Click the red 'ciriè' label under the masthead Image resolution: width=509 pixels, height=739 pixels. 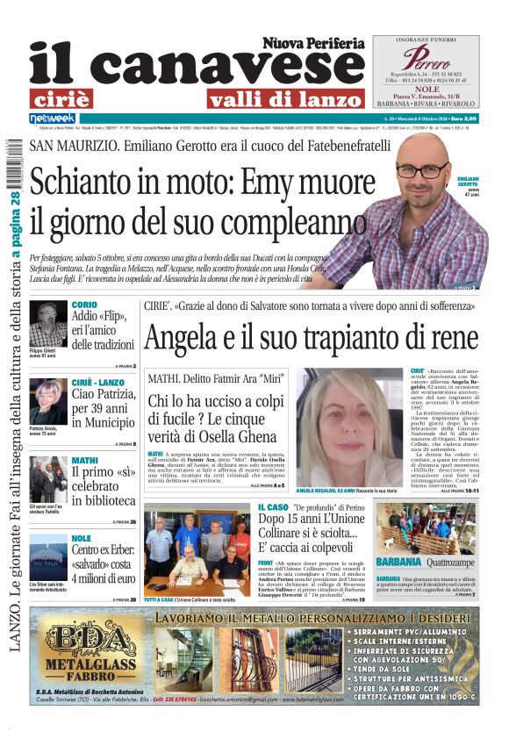(x=72, y=98)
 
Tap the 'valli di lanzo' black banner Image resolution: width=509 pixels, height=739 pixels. (x=274, y=98)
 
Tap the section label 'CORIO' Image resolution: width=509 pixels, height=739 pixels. (x=84, y=305)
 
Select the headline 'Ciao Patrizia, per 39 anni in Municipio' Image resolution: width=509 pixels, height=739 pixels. (x=103, y=408)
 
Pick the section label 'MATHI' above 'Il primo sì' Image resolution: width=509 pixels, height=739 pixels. (x=84, y=460)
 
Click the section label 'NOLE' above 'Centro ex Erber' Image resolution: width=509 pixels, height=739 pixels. (x=82, y=538)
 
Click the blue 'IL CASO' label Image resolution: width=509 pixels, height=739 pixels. (x=272, y=507)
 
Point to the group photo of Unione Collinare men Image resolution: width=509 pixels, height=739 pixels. (x=196, y=551)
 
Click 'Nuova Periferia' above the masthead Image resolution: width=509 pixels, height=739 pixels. (x=312, y=43)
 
